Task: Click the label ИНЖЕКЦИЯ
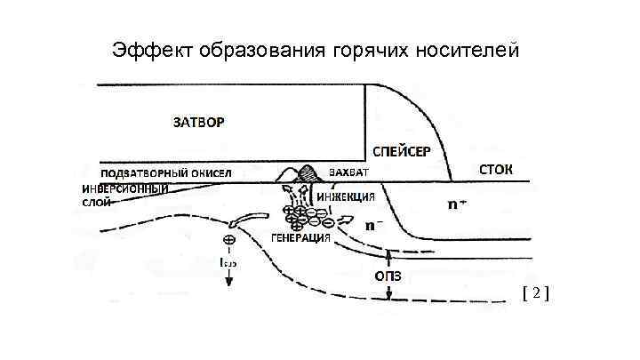(346, 196)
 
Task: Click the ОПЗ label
(389, 276)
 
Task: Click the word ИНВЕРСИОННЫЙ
(125, 189)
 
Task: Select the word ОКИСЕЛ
(210, 172)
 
